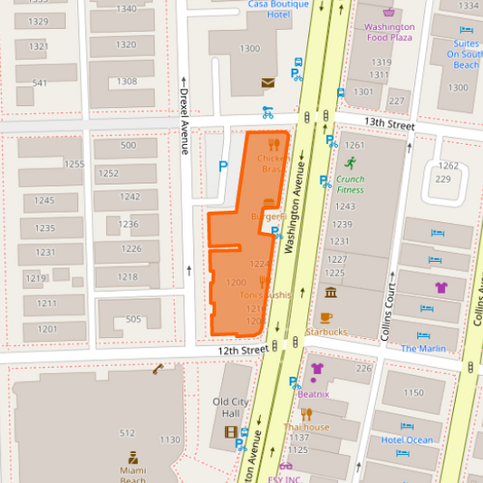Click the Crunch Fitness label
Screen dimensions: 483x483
click(350, 184)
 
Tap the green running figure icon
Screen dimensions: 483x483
click(350, 163)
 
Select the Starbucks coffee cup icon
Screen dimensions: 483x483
click(326, 317)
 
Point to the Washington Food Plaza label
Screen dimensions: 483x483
click(390, 33)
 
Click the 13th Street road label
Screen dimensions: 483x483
click(390, 124)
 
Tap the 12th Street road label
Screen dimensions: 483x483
click(242, 349)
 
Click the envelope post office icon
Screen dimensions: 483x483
click(267, 82)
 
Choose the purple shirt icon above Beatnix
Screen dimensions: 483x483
click(316, 369)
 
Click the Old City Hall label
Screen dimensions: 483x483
click(231, 408)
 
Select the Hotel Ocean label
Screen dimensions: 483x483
click(407, 440)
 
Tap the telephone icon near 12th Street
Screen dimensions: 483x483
click(159, 369)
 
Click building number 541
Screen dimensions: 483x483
click(40, 83)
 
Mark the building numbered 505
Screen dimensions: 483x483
click(133, 319)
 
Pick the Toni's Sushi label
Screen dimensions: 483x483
click(266, 295)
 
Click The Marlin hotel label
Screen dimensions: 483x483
click(423, 348)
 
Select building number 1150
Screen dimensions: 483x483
click(413, 392)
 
